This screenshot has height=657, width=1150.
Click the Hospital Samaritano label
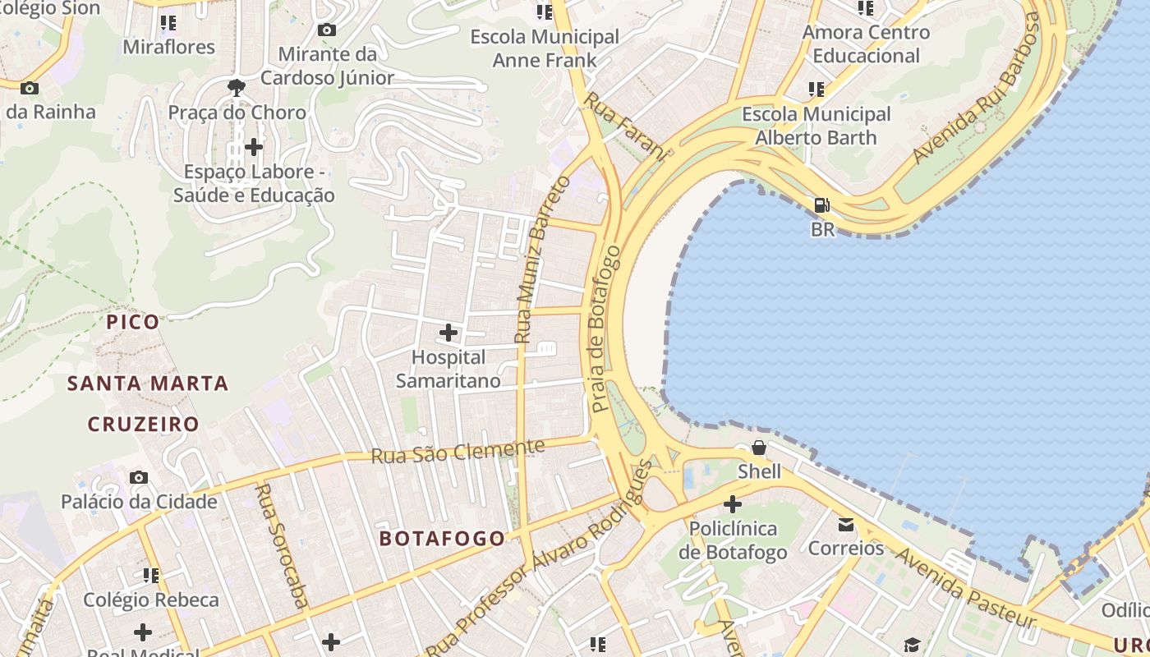[x=448, y=370]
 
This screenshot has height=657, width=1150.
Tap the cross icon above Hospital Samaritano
[x=448, y=333]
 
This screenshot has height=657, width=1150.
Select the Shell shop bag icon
[x=759, y=448]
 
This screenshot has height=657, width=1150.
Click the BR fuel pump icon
[x=821, y=205]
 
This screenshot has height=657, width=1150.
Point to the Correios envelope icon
[x=846, y=525]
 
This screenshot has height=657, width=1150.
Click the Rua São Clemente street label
[x=458, y=451]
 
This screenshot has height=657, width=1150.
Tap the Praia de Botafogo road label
[x=607, y=328]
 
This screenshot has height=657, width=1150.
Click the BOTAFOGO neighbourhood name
[x=442, y=539]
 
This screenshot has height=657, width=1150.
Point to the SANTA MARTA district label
[x=148, y=384]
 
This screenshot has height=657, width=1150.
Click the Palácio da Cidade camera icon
[x=139, y=477]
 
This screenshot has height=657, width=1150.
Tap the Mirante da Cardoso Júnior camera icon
[x=327, y=30]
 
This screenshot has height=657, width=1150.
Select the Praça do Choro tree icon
[x=237, y=87]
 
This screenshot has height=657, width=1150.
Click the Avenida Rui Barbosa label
[x=976, y=89]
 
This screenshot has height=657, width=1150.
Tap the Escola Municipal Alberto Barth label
[x=816, y=126]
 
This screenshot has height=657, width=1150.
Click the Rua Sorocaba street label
[x=282, y=545]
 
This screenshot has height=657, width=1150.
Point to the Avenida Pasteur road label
[x=966, y=587]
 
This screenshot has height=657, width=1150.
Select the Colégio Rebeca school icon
[x=151, y=575]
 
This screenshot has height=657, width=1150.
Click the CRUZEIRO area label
[x=144, y=425]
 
